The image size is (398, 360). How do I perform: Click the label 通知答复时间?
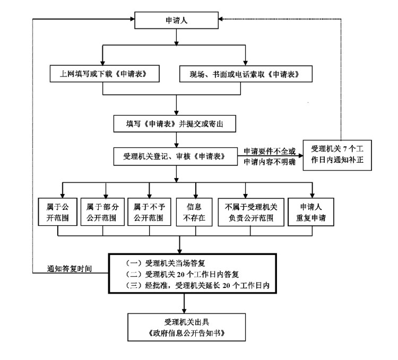[x=70, y=269]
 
